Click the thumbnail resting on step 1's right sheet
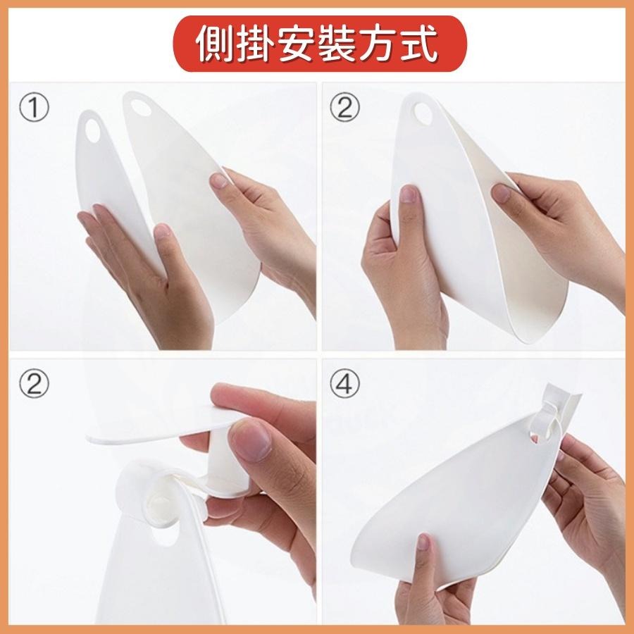(x=220, y=181)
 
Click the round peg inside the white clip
(x=159, y=506)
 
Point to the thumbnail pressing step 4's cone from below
(x=423, y=541)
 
